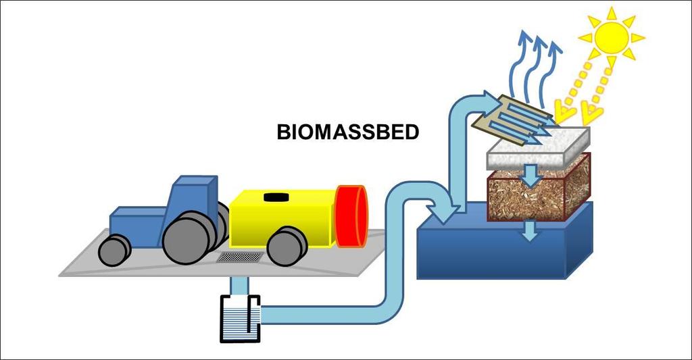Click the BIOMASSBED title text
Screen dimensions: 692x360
click(348, 132)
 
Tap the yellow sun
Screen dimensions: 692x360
click(611, 38)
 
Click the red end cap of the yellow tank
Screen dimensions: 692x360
click(351, 215)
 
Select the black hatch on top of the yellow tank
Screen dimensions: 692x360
click(276, 197)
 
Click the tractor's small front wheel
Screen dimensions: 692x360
click(114, 251)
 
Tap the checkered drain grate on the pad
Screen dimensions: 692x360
click(240, 257)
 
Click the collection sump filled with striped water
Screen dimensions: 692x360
click(240, 319)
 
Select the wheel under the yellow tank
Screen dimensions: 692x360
click(287, 246)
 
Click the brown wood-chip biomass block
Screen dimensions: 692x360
click(539, 190)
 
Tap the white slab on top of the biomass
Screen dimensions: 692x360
click(539, 148)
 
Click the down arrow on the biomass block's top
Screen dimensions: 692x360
click(531, 175)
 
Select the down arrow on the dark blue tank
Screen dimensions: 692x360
click(530, 230)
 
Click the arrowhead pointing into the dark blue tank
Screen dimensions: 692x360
click(447, 210)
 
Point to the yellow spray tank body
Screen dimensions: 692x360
click(282, 218)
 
